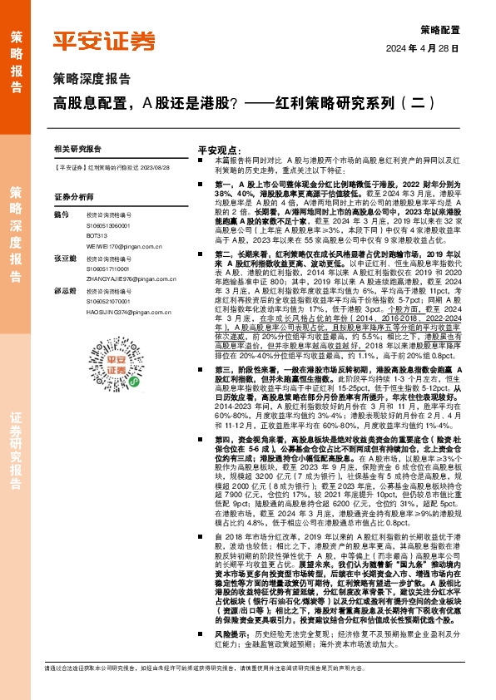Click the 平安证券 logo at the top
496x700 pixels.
coord(103,40)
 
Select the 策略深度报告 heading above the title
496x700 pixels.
coord(92,80)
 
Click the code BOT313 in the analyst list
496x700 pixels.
coord(97,237)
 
